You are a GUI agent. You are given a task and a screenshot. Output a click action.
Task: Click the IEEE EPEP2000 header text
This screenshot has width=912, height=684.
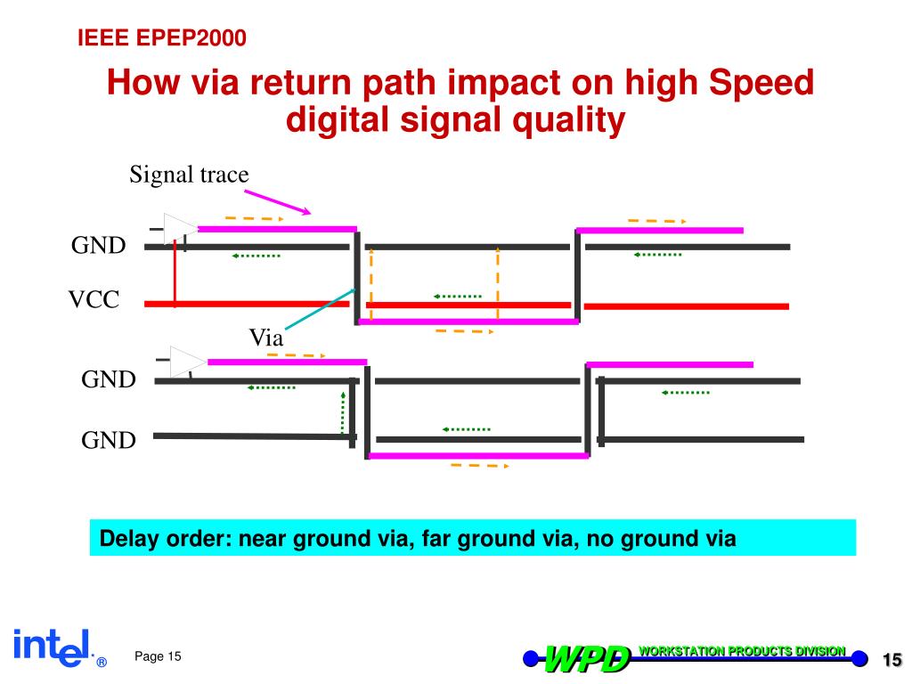pyautogui.click(x=160, y=37)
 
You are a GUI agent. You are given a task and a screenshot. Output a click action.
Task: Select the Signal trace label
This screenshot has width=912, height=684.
pyautogui.click(x=189, y=174)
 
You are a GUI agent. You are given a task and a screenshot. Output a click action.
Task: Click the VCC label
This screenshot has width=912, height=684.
pyautogui.click(x=94, y=300)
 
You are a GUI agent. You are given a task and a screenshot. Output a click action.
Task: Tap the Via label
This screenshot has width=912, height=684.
pyautogui.click(x=265, y=338)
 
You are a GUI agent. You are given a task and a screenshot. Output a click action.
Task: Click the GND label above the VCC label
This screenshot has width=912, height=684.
pyautogui.click(x=99, y=246)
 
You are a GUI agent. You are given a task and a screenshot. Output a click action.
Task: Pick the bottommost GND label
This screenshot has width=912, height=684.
pyautogui.click(x=109, y=440)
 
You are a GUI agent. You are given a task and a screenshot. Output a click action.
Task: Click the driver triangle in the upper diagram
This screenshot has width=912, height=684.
pyautogui.click(x=180, y=229)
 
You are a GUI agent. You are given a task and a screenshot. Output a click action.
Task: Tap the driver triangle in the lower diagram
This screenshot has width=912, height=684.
pyautogui.click(x=188, y=361)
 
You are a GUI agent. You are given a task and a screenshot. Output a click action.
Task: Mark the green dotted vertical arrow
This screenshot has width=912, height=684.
pyautogui.click(x=343, y=411)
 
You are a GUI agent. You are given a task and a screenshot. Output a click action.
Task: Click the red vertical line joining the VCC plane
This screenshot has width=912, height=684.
pyautogui.click(x=175, y=276)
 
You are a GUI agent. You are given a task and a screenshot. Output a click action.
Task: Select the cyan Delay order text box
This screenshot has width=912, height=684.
pyautogui.click(x=472, y=538)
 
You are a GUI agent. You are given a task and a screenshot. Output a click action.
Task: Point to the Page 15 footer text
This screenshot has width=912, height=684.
pyautogui.click(x=158, y=656)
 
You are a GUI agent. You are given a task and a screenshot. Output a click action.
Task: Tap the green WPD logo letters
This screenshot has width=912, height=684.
pyautogui.click(x=587, y=659)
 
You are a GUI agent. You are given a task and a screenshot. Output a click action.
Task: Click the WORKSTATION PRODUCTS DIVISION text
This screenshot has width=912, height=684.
pyautogui.click(x=741, y=651)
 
